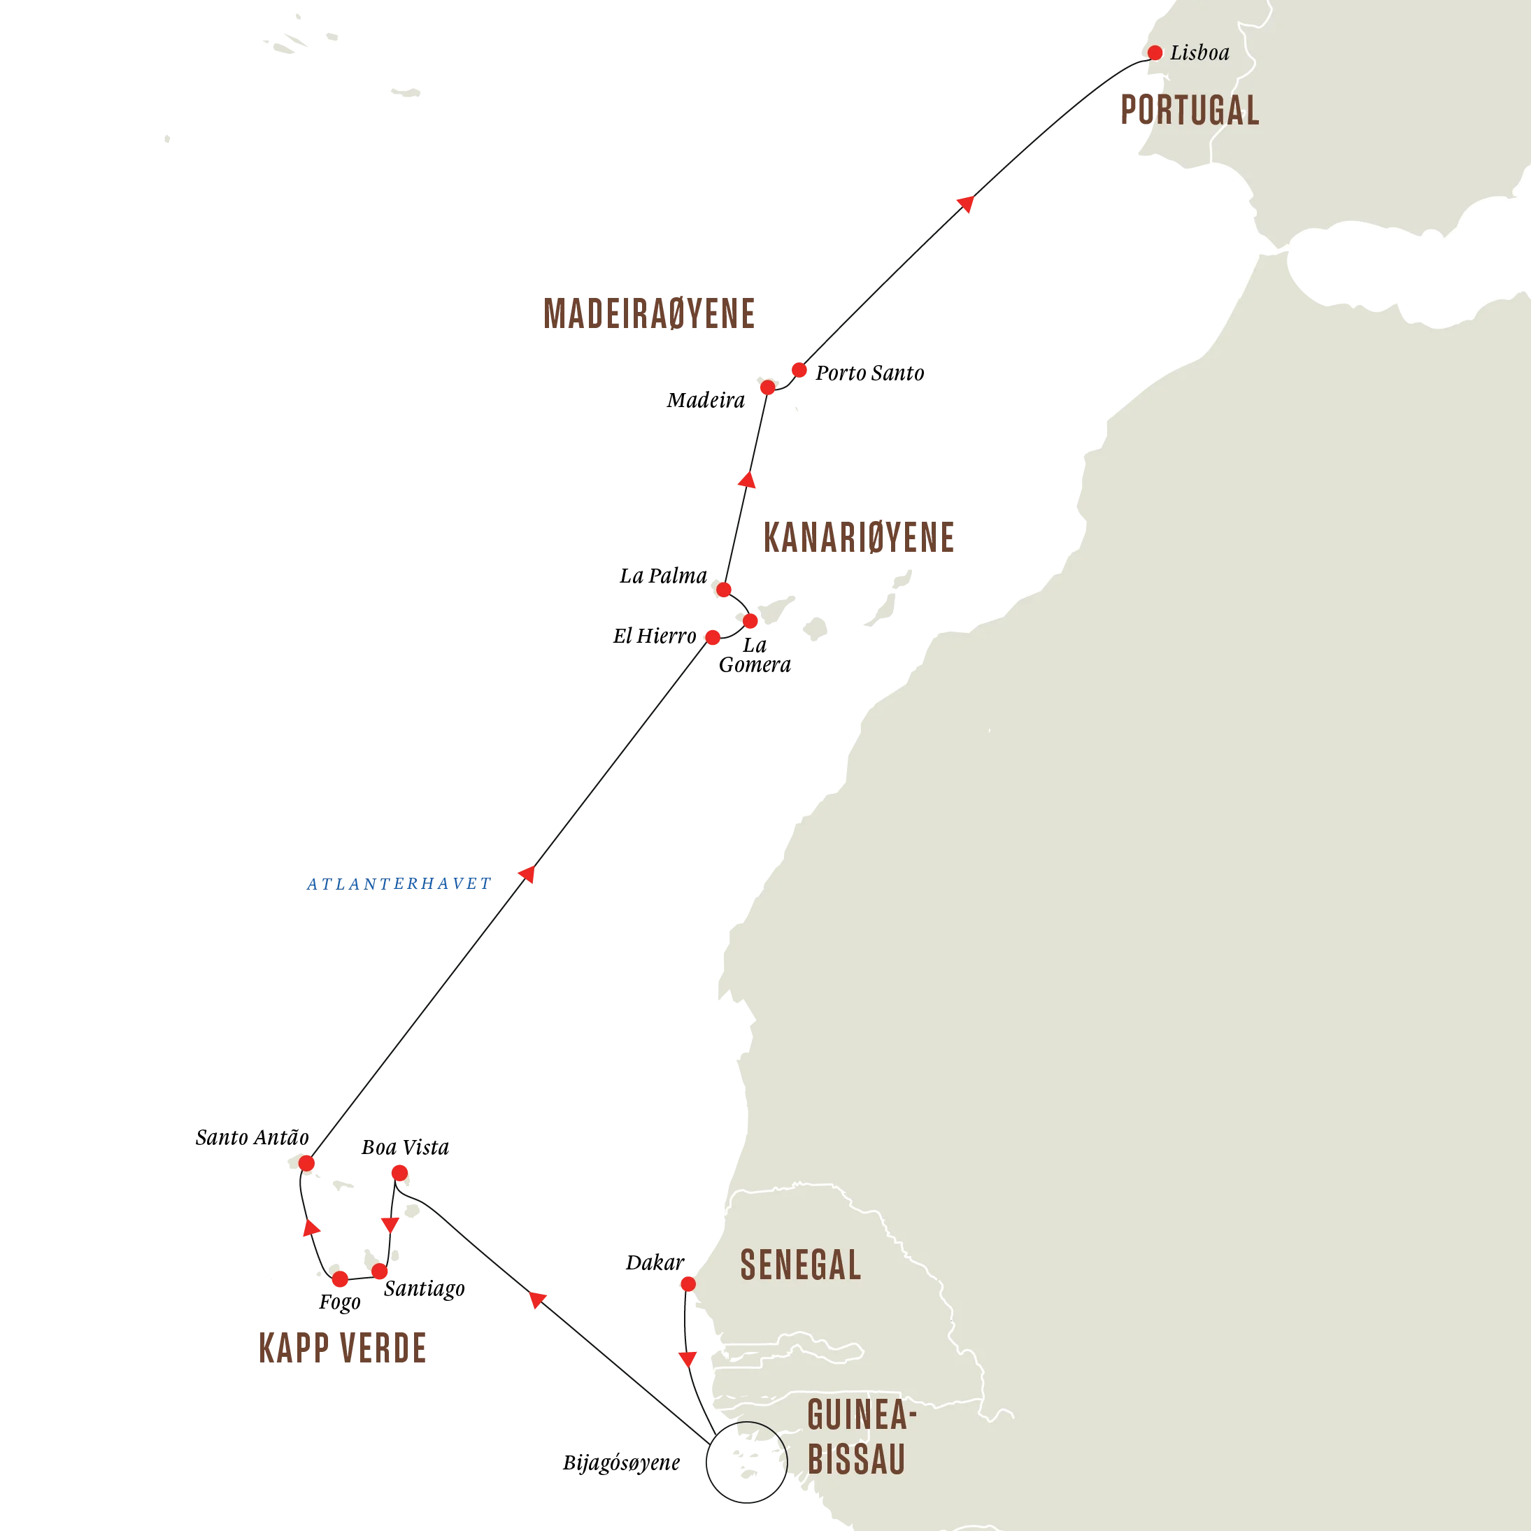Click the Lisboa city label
click(x=1199, y=53)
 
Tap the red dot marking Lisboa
click(x=1155, y=53)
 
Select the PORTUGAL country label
click(x=1189, y=110)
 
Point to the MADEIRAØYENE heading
click(x=648, y=313)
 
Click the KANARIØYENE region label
click(x=858, y=537)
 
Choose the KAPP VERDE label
click(x=341, y=1348)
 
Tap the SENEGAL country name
click(x=800, y=1265)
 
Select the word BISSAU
click(x=856, y=1459)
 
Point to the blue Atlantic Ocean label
click(x=398, y=883)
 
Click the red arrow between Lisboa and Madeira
click(x=965, y=204)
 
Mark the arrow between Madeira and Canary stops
click(x=747, y=480)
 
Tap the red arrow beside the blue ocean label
click(x=527, y=874)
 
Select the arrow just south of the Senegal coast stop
click(x=687, y=1358)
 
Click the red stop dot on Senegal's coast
click(x=687, y=1283)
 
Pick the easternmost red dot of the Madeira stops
click(x=799, y=370)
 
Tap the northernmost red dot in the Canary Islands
click(x=723, y=590)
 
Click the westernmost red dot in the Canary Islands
click(x=713, y=637)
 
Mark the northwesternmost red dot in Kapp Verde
click(x=306, y=1162)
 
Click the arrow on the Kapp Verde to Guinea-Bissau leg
click(x=537, y=1299)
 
